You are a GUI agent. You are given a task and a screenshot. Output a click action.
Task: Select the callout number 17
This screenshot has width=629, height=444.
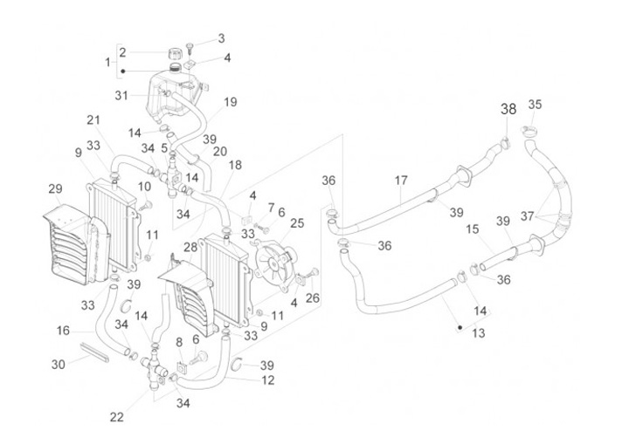coord(401,181)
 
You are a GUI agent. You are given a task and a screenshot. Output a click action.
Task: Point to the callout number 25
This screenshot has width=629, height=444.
coord(297,223)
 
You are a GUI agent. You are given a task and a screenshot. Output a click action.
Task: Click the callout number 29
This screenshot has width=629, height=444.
coord(55,188)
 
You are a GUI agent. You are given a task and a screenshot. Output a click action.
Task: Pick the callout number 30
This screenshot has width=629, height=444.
coord(58,364)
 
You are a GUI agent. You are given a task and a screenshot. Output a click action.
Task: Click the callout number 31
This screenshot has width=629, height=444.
coord(121,94)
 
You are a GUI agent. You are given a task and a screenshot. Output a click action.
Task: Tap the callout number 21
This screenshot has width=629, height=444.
coord(93,120)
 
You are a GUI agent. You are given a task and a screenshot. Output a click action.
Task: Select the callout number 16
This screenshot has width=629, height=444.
coord(64,331)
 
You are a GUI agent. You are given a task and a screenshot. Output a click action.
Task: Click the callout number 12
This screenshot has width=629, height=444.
coord(267,379)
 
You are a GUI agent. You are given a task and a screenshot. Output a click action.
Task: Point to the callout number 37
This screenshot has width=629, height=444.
coord(576,215)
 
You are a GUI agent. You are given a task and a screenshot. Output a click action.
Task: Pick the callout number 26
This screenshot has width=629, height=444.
coord(314,297)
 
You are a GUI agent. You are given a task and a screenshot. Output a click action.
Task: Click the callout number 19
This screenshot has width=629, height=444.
coord(230,102)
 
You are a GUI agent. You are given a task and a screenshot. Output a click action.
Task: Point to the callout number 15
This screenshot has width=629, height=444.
coord(473,229)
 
